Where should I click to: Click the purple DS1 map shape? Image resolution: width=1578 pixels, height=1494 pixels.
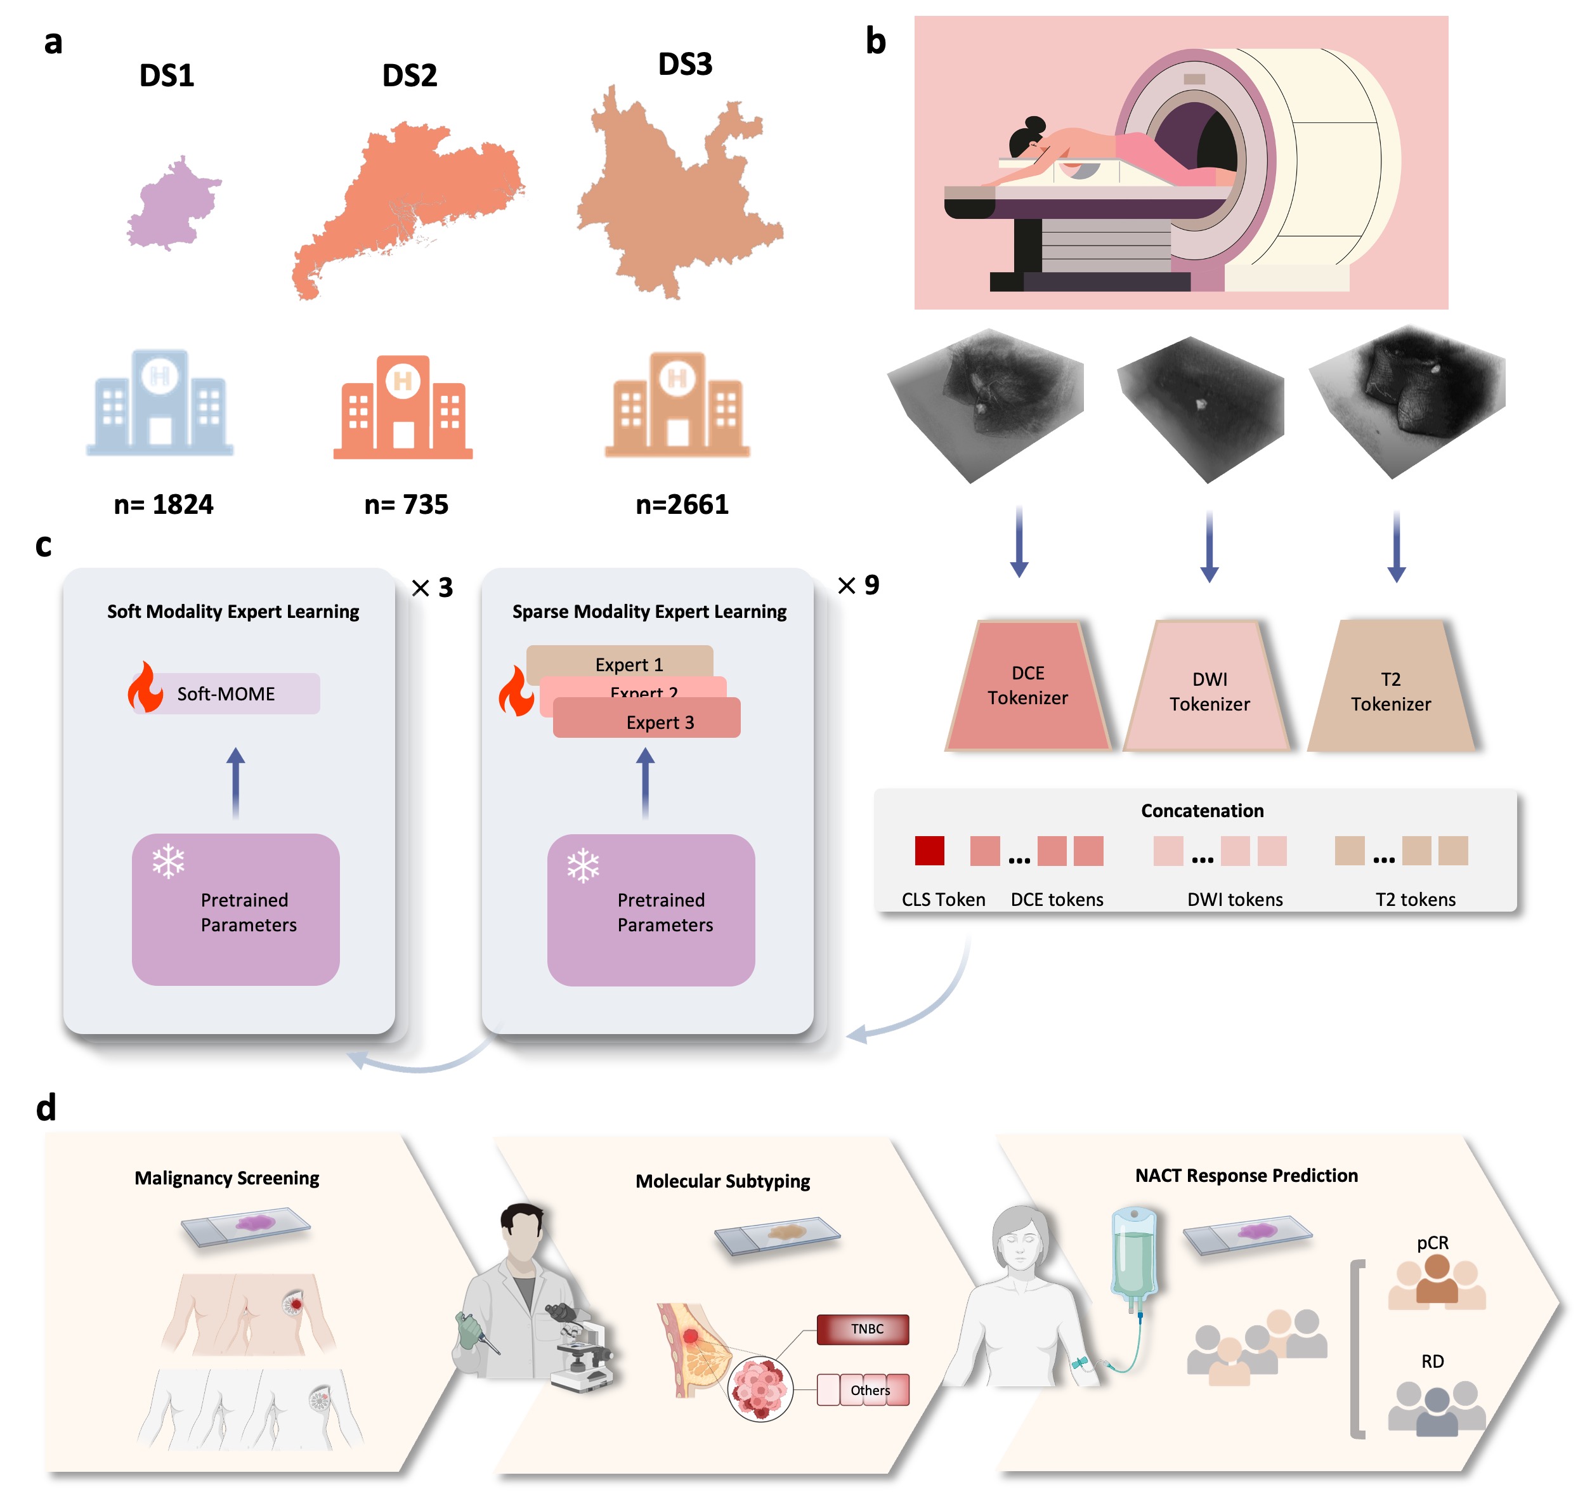[x=172, y=206]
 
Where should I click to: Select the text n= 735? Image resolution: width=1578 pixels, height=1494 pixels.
[x=406, y=504]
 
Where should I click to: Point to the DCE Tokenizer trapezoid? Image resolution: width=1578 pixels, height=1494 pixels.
[x=1028, y=686]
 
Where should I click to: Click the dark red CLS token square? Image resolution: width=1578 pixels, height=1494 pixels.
[x=929, y=851]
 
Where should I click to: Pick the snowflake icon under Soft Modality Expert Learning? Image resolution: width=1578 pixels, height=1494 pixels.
[x=169, y=862]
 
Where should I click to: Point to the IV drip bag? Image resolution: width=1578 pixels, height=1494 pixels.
[x=1134, y=1250]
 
